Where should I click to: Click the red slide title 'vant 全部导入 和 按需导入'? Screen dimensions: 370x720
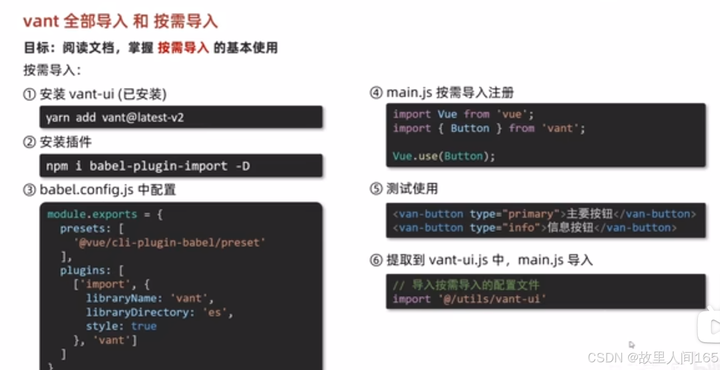121,22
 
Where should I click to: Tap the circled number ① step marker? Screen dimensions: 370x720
29,94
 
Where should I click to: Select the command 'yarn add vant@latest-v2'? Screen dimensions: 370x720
115,118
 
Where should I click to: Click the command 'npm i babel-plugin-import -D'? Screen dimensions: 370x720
148,166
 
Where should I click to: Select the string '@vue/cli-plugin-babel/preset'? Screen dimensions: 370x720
170,243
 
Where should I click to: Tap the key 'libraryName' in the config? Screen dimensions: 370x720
121,298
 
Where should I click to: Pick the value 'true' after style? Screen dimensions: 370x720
144,326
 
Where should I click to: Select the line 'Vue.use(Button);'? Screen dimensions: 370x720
444,156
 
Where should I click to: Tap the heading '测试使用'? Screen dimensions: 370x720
412,189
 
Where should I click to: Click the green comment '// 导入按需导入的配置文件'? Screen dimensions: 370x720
466,285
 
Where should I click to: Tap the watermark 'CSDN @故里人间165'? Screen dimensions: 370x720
652,358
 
